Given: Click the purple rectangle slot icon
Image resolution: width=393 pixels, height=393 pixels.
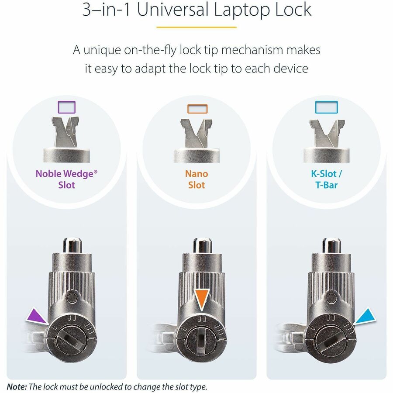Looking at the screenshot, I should [x=67, y=107].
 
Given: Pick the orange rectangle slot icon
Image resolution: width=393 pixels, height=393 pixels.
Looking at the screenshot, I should [x=197, y=108].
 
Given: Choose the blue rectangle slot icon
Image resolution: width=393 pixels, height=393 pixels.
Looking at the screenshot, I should [x=326, y=107].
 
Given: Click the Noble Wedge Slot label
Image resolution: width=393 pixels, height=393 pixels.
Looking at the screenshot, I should [x=66, y=179].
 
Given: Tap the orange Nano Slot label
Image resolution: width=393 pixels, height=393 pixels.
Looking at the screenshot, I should [x=196, y=179].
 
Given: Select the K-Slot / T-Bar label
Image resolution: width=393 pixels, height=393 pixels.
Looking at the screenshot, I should [x=326, y=179].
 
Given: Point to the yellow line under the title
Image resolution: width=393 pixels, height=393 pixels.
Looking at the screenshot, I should [x=196, y=27].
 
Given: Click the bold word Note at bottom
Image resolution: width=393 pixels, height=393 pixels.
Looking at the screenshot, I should [x=17, y=386].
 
